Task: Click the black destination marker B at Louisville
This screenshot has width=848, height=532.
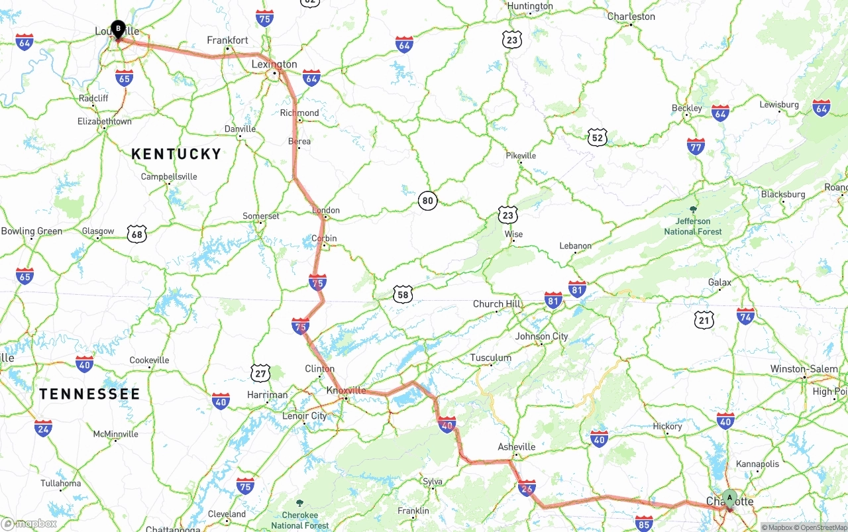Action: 118,29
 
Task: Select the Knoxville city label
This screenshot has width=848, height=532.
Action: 346,390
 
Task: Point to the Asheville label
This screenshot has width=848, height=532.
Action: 516,447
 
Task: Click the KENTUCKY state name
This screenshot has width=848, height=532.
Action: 176,154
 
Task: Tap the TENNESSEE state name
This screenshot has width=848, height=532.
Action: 89,394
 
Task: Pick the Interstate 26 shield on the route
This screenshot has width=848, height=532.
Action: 527,488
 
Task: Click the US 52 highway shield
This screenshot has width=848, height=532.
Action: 597,137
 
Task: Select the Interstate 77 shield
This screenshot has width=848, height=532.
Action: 696,146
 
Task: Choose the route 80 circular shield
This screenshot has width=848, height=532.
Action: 428,200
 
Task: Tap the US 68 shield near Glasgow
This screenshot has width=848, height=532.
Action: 137,233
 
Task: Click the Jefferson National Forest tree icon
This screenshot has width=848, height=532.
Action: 693,209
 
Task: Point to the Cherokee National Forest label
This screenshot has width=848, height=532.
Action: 300,519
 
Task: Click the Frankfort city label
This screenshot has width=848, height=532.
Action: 227,40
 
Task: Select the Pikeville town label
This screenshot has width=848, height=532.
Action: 521,156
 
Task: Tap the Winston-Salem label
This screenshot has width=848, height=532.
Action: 804,369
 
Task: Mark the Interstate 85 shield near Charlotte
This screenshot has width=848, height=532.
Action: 643,524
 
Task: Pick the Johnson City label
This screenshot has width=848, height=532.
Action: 541,336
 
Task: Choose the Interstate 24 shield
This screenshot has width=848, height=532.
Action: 43,428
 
